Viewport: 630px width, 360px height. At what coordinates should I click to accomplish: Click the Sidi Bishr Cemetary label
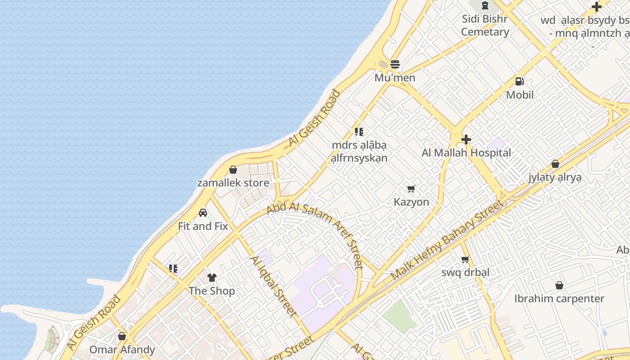click(x=485, y=26)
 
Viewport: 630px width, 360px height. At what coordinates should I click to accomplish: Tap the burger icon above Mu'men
click(x=395, y=64)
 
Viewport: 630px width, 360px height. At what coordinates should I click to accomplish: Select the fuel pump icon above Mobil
click(x=520, y=81)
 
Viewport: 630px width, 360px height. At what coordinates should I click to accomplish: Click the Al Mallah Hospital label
click(x=466, y=153)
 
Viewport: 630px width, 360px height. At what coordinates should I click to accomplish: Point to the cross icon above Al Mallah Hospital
click(x=466, y=139)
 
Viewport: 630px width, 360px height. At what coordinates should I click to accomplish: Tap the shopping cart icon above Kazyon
click(x=411, y=189)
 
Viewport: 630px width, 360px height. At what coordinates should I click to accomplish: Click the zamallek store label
click(x=233, y=183)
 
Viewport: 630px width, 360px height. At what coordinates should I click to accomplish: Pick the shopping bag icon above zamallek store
click(x=233, y=170)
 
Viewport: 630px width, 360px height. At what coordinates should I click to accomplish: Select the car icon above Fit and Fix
click(x=203, y=213)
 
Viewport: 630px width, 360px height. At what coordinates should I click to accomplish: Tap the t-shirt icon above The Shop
click(x=211, y=278)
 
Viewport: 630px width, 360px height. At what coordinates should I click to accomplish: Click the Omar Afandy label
click(x=122, y=350)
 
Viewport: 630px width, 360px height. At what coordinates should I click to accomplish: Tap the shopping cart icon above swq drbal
click(x=465, y=259)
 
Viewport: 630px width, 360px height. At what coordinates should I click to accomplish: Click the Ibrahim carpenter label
click(x=559, y=299)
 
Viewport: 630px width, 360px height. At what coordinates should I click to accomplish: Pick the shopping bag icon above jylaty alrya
click(x=555, y=164)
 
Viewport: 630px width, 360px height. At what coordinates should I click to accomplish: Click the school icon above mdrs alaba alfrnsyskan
click(x=359, y=132)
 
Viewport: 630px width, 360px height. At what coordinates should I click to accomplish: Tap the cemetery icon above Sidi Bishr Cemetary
click(x=485, y=6)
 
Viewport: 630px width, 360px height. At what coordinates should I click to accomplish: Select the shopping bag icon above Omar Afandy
click(x=122, y=336)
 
